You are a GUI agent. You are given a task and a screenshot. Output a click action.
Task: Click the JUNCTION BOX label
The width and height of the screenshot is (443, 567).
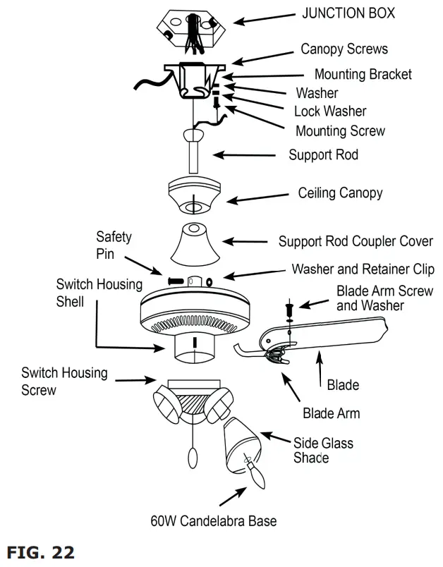point(348,13)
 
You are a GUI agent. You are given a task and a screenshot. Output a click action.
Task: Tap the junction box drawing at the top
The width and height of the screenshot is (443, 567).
point(188,28)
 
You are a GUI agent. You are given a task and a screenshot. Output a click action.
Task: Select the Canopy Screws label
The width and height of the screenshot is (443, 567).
point(344,49)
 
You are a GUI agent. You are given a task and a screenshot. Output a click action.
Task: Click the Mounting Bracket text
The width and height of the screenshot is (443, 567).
point(363,74)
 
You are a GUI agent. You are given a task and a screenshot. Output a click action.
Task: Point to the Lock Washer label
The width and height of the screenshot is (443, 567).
point(330,111)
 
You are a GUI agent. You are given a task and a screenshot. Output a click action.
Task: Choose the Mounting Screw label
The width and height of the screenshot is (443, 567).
point(340,130)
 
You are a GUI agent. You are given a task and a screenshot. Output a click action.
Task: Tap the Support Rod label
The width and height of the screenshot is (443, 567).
point(323,154)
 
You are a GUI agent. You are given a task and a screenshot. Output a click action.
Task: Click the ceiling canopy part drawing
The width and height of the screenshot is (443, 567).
point(193,195)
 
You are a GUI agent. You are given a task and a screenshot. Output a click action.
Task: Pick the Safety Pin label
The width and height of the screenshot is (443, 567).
point(114,245)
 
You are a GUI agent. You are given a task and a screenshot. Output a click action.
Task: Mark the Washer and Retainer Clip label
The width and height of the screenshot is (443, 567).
point(363,269)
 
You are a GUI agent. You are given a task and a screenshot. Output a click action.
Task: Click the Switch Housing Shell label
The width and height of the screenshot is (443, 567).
point(99,293)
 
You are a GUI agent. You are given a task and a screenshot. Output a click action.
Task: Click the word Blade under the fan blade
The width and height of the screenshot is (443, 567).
point(343,385)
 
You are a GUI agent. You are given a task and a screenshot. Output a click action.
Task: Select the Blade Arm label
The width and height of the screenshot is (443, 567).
point(331,413)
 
